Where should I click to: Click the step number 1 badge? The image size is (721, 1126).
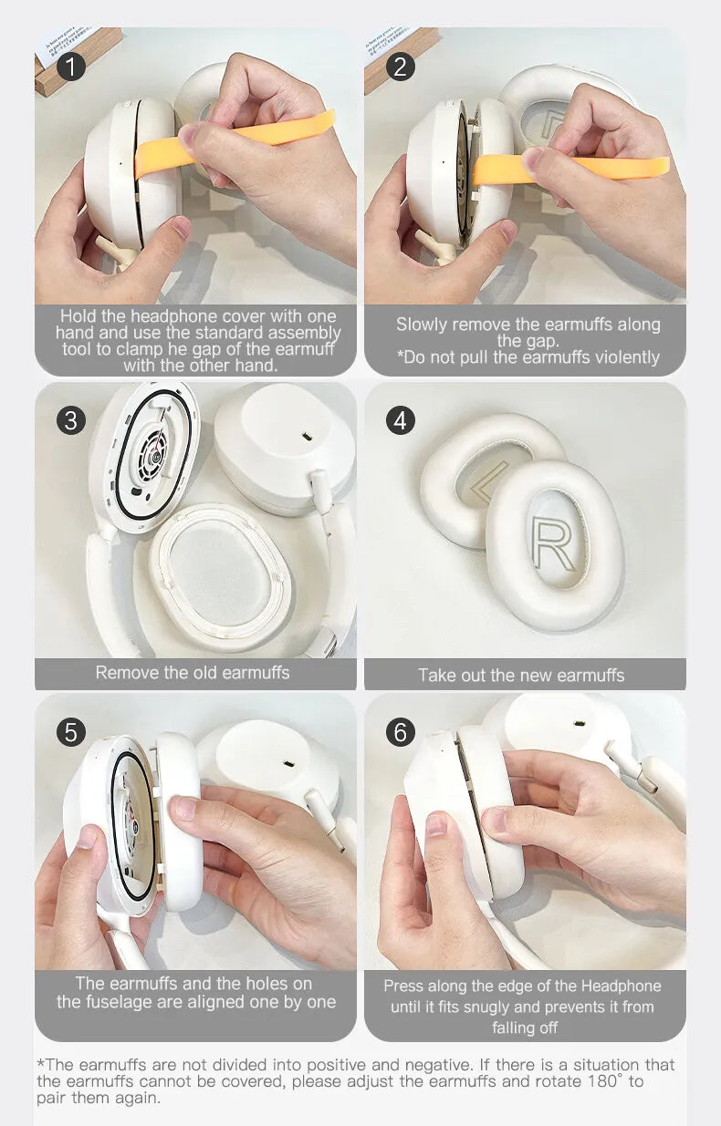pos(71,67)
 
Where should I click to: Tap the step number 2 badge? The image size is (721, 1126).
pos(400,67)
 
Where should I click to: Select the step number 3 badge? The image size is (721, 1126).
pos(71,420)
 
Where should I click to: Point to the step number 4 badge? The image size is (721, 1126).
pos(400,420)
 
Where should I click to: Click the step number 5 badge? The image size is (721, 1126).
pos(71,732)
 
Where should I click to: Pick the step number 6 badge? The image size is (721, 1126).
pos(400,732)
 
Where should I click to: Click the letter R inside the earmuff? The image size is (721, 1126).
pos(554,544)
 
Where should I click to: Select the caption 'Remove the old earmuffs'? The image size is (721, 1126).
pos(193,673)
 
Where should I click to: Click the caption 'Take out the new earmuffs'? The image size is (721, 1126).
pos(521,676)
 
